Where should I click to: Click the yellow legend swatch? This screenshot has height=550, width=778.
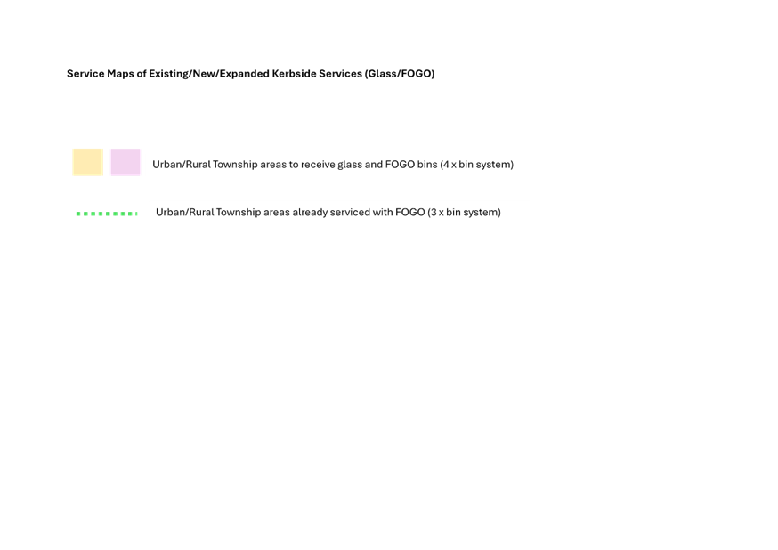click(x=88, y=162)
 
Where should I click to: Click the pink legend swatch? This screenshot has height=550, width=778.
click(x=126, y=162)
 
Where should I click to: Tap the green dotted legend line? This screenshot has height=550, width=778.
click(x=107, y=214)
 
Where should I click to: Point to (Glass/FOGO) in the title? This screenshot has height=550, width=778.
click(x=400, y=74)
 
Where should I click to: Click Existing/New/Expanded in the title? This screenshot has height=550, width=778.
click(x=209, y=74)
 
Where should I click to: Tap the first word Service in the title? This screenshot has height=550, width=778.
click(x=85, y=73)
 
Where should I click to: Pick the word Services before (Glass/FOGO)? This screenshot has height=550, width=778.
click(x=340, y=73)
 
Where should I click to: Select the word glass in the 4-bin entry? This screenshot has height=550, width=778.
click(x=350, y=164)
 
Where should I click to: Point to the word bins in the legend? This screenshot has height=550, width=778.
click(x=427, y=164)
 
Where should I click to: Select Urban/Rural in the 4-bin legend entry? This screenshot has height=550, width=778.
click(x=181, y=164)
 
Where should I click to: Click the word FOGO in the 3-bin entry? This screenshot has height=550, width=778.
click(x=410, y=213)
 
